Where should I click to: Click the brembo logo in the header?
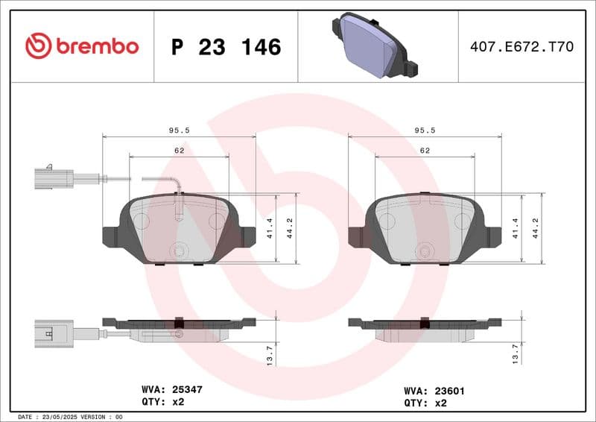tap(82, 46)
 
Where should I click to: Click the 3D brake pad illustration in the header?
tap(374, 46)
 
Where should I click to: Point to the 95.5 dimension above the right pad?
tap(425, 130)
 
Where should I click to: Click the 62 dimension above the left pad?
tap(179, 151)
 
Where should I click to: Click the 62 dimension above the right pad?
tap(425, 151)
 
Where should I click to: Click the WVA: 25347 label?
tap(172, 389)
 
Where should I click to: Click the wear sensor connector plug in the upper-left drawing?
tap(53, 178)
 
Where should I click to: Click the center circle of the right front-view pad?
tap(425, 251)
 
